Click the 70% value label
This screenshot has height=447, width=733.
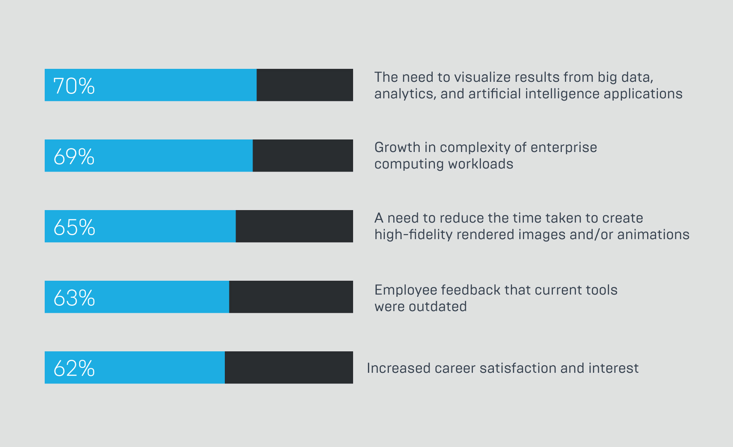point(74,86)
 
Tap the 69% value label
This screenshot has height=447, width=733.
point(74,156)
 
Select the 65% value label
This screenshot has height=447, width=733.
point(74,227)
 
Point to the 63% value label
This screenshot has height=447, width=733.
point(74,298)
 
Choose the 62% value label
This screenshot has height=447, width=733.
point(74,368)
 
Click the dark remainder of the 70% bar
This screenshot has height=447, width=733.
point(305,85)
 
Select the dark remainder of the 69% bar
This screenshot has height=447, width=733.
point(303,156)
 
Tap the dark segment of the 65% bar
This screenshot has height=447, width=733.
point(294,226)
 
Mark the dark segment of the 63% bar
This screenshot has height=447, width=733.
point(291,297)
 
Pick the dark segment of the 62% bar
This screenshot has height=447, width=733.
point(289,367)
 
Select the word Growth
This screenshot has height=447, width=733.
point(397,148)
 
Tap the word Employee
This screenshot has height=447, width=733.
point(405,291)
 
